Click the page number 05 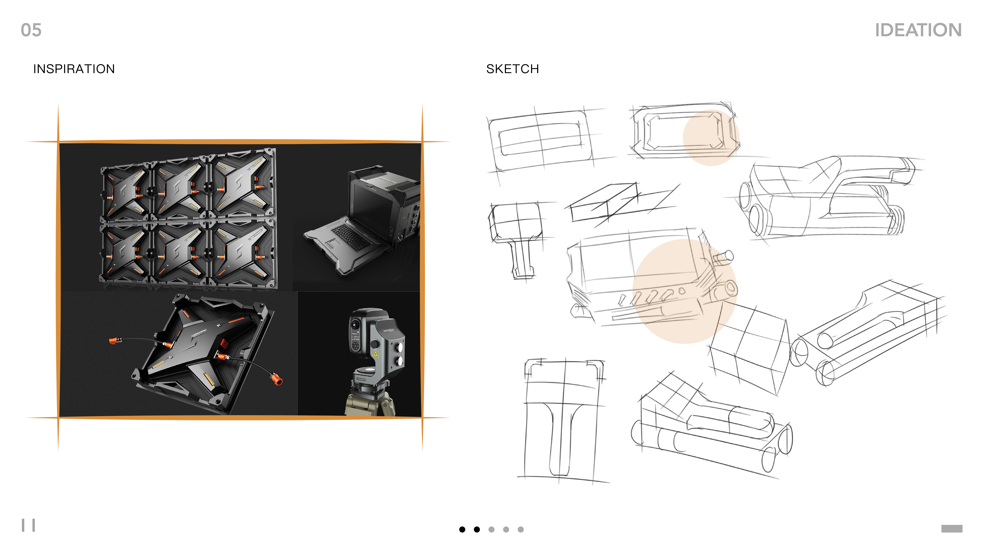coord(31,30)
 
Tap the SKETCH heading coord(512,69)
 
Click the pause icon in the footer coord(28,525)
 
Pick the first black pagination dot coord(462,529)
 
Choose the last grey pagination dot coord(520,529)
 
